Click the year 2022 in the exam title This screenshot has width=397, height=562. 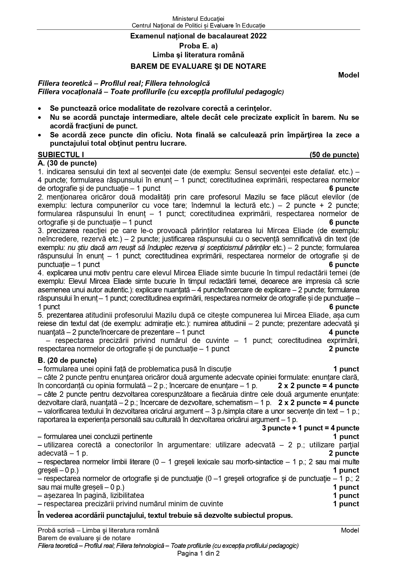tap(258, 36)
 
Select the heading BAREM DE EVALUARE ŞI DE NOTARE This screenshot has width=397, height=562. tap(198, 66)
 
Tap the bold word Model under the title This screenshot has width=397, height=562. tap(349, 75)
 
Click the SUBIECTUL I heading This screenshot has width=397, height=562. tap(61, 155)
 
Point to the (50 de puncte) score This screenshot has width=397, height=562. tap(334, 155)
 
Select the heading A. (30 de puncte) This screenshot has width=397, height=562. tap(67, 163)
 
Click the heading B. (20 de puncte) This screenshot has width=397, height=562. tap(67, 360)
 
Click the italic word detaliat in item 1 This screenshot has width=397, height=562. tap(322, 172)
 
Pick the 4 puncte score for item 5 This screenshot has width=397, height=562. tap(344, 332)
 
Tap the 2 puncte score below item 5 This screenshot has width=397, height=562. tap(344, 349)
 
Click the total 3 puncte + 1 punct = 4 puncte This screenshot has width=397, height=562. tap(310, 428)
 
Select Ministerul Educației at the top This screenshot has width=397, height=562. tap(198, 19)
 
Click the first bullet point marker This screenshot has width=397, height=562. tap(40, 109)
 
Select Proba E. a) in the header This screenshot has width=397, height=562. tap(198, 45)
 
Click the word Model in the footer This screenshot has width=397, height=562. tap(350, 530)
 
